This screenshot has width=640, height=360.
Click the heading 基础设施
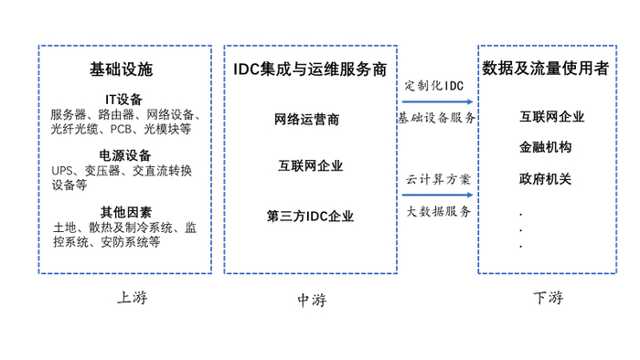122,69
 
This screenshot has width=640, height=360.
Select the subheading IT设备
123,100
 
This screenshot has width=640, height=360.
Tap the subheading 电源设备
125,155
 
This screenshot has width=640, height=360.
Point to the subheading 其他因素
126,212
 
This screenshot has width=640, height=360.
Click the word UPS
62,171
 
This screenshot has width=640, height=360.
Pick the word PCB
121,129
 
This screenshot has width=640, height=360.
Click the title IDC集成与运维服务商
310,69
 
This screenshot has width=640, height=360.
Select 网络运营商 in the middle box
306,120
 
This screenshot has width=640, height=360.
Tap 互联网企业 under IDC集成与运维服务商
311,165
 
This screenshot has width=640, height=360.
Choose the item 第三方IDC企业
310,216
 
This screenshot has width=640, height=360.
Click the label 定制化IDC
434,86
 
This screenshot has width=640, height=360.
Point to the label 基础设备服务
437,118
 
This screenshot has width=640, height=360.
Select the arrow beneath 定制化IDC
438,101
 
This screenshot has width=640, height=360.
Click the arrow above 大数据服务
438,195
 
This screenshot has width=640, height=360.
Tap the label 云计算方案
438,179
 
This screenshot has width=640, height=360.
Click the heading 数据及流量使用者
546,69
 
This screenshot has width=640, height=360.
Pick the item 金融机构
545,147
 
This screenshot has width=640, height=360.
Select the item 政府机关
545,178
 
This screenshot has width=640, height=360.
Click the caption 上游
133,298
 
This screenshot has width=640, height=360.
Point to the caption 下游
549,298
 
